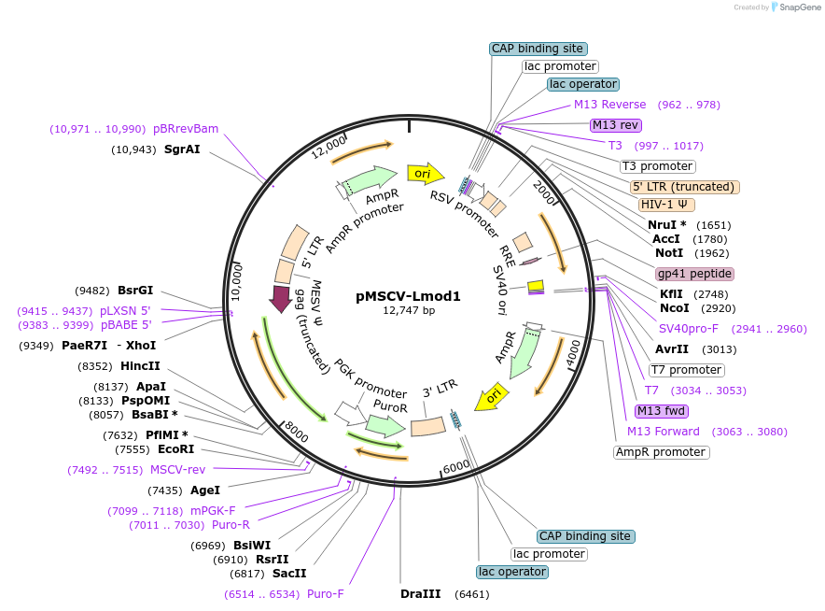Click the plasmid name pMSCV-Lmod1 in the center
click(x=409, y=296)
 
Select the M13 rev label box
click(x=615, y=125)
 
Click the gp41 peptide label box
click(x=694, y=274)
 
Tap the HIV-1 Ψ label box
click(x=666, y=205)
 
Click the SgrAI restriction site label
click(x=182, y=149)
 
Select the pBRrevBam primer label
click(x=186, y=129)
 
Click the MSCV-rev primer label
click(x=177, y=470)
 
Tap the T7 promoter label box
click(x=686, y=370)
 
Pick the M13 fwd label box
click(x=661, y=411)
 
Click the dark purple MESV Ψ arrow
click(x=279, y=299)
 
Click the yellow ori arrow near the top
click(x=425, y=174)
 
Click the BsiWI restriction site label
click(x=252, y=545)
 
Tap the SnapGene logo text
click(x=797, y=7)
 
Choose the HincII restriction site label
click(x=140, y=366)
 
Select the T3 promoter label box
click(x=658, y=166)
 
